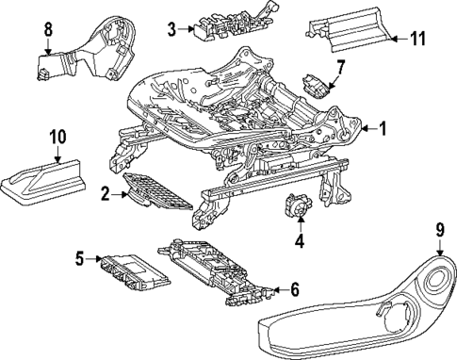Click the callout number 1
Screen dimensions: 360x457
tap(383, 127)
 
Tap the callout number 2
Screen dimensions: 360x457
tap(106, 196)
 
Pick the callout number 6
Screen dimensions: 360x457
tap(294, 289)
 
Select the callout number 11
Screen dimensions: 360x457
tap(421, 38)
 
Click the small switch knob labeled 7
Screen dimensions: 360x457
tap(316, 83)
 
